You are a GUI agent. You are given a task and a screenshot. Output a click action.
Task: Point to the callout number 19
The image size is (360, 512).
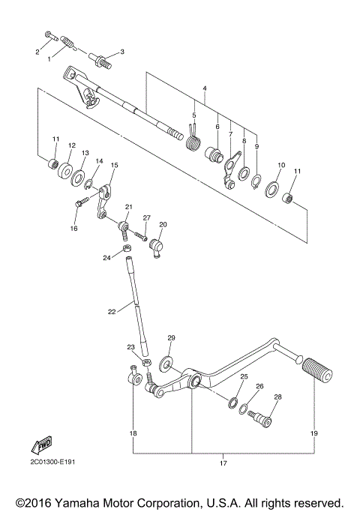click(x=313, y=433)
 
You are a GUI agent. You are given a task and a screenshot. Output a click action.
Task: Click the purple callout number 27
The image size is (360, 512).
click(x=147, y=217)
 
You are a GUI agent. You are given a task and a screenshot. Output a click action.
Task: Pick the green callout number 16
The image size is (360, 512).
click(x=74, y=228)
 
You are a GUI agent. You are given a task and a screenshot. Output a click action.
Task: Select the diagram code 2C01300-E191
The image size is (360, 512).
click(x=52, y=461)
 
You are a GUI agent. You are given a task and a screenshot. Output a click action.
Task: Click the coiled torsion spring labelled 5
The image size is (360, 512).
click(x=193, y=139)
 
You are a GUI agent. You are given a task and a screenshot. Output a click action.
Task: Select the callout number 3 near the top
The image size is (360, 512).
click(x=122, y=52)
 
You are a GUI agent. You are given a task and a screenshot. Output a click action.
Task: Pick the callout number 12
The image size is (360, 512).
click(x=72, y=145)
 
